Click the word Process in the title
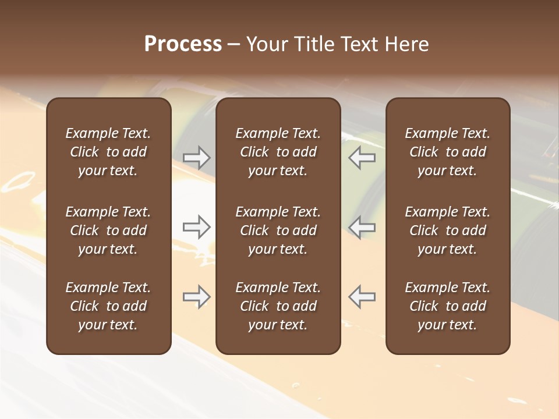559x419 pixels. [x=183, y=44]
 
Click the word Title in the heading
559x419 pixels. [x=313, y=44]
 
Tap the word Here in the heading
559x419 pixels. [x=407, y=44]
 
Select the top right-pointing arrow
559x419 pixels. [x=196, y=157]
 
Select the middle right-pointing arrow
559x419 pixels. [x=196, y=227]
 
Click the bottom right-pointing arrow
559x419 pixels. [x=196, y=297]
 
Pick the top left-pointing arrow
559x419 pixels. [x=362, y=157]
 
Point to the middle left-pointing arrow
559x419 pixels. [x=362, y=227]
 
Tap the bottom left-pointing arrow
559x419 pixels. [x=362, y=297]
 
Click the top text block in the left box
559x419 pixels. [x=108, y=152]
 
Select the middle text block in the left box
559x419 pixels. [x=108, y=230]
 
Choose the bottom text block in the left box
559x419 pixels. [x=108, y=306]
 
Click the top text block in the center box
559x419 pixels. [x=278, y=152]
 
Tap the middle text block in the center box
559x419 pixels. [x=278, y=230]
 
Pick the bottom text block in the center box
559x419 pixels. [x=278, y=306]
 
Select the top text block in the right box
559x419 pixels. [x=447, y=152]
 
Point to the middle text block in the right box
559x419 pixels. [x=447, y=230]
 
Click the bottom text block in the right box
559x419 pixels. [x=447, y=306]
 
